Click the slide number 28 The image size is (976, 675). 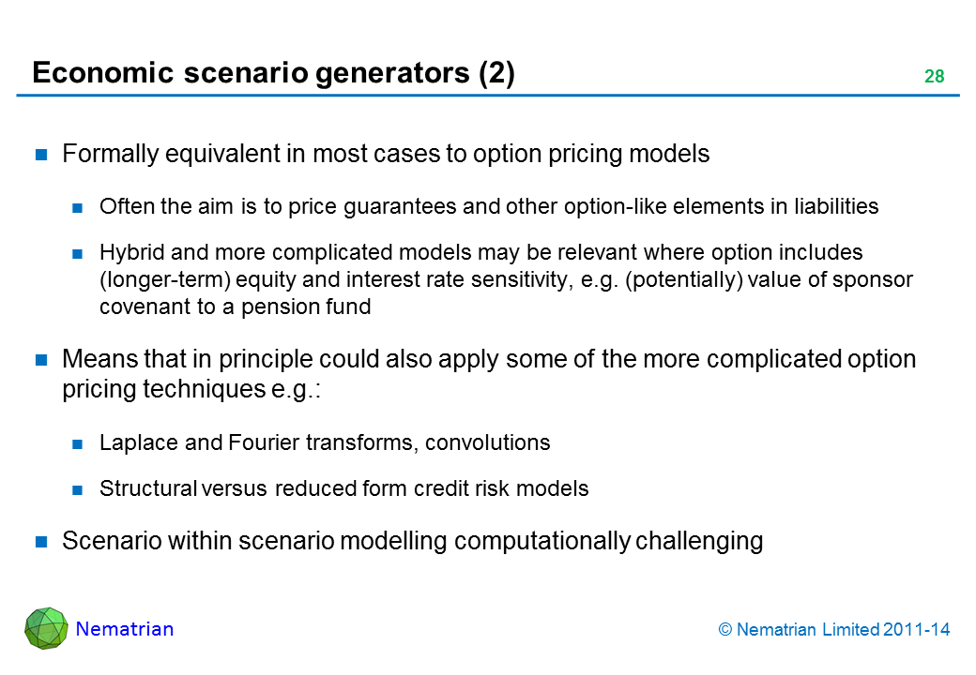coord(935,76)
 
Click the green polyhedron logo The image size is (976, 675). coord(46,628)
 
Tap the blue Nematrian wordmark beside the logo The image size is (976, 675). coord(125,629)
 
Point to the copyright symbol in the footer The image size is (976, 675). coord(725,630)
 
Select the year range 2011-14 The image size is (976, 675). coord(916,630)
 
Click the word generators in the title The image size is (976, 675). coord(392,73)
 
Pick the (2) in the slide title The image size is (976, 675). coord(496,73)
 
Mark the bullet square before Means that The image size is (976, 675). coord(41,360)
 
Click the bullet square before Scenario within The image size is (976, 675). coord(41,541)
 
